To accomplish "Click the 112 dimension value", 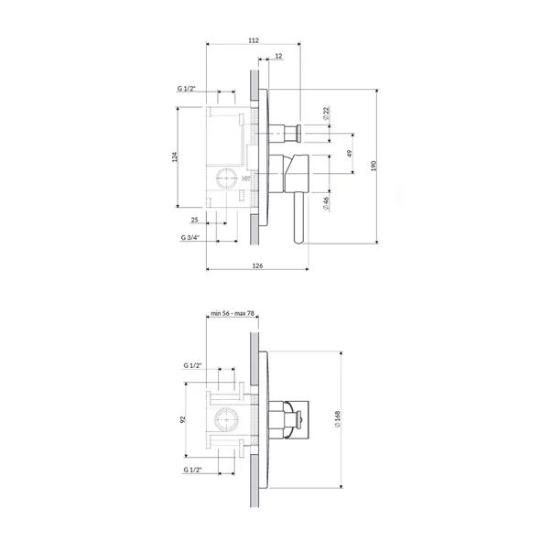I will coord(254,40).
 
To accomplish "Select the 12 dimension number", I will coord(278,57).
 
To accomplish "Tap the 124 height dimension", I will coord(175,157).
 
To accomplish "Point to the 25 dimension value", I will coord(195,221).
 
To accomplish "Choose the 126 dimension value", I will coord(257,265).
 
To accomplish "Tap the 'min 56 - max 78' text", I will coord(233,314).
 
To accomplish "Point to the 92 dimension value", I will coord(183,419).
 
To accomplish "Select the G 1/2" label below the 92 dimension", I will coord(192,469).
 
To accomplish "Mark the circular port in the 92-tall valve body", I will coord(224,420).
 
